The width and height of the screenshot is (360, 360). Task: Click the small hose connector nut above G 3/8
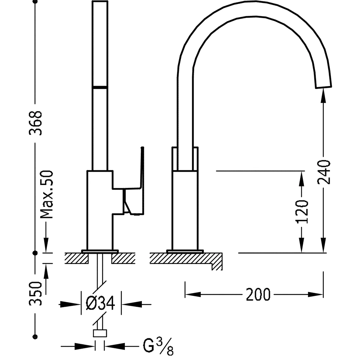point(100,333)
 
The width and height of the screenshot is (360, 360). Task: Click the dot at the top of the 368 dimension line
point(35,2)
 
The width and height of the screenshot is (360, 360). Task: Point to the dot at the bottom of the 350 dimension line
point(35,337)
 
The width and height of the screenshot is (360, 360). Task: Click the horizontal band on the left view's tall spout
point(100,87)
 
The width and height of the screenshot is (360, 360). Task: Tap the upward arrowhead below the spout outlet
point(324,95)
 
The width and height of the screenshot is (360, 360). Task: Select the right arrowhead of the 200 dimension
point(319,294)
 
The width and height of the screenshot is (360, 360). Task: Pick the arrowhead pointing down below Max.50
point(46,245)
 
